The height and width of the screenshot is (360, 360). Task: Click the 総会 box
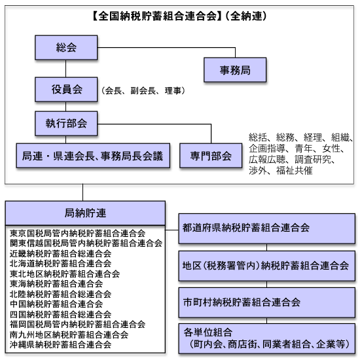click(66, 48)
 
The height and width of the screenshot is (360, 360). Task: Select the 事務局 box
click(235, 70)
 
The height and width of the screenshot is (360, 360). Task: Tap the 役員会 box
click(66, 90)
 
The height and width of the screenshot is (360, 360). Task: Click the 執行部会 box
click(66, 124)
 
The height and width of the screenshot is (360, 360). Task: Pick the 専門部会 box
click(211, 156)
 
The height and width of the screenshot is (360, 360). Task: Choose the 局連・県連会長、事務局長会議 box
click(93, 156)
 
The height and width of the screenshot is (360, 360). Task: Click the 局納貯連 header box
click(85, 213)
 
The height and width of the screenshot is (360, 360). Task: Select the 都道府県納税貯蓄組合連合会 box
click(267, 228)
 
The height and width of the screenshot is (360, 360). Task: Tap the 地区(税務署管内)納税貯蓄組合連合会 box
click(267, 266)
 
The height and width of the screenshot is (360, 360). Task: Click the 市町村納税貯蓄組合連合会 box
click(267, 302)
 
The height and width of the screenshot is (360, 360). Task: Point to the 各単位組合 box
click(267, 338)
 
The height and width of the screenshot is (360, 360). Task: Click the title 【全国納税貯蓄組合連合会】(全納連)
click(179, 16)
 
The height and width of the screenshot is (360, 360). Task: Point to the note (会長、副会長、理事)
click(143, 91)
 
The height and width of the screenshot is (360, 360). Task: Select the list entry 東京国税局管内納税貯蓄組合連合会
click(78, 233)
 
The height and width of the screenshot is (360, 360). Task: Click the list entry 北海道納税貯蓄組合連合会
click(61, 263)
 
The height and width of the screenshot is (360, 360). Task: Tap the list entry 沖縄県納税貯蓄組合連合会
click(61, 344)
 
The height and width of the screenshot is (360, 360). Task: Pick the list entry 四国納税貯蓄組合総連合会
click(61, 314)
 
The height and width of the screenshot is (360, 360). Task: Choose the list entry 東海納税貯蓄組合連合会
click(56, 284)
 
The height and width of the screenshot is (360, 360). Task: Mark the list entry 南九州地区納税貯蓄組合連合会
click(69, 334)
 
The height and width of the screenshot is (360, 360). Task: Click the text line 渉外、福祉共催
click(281, 171)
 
